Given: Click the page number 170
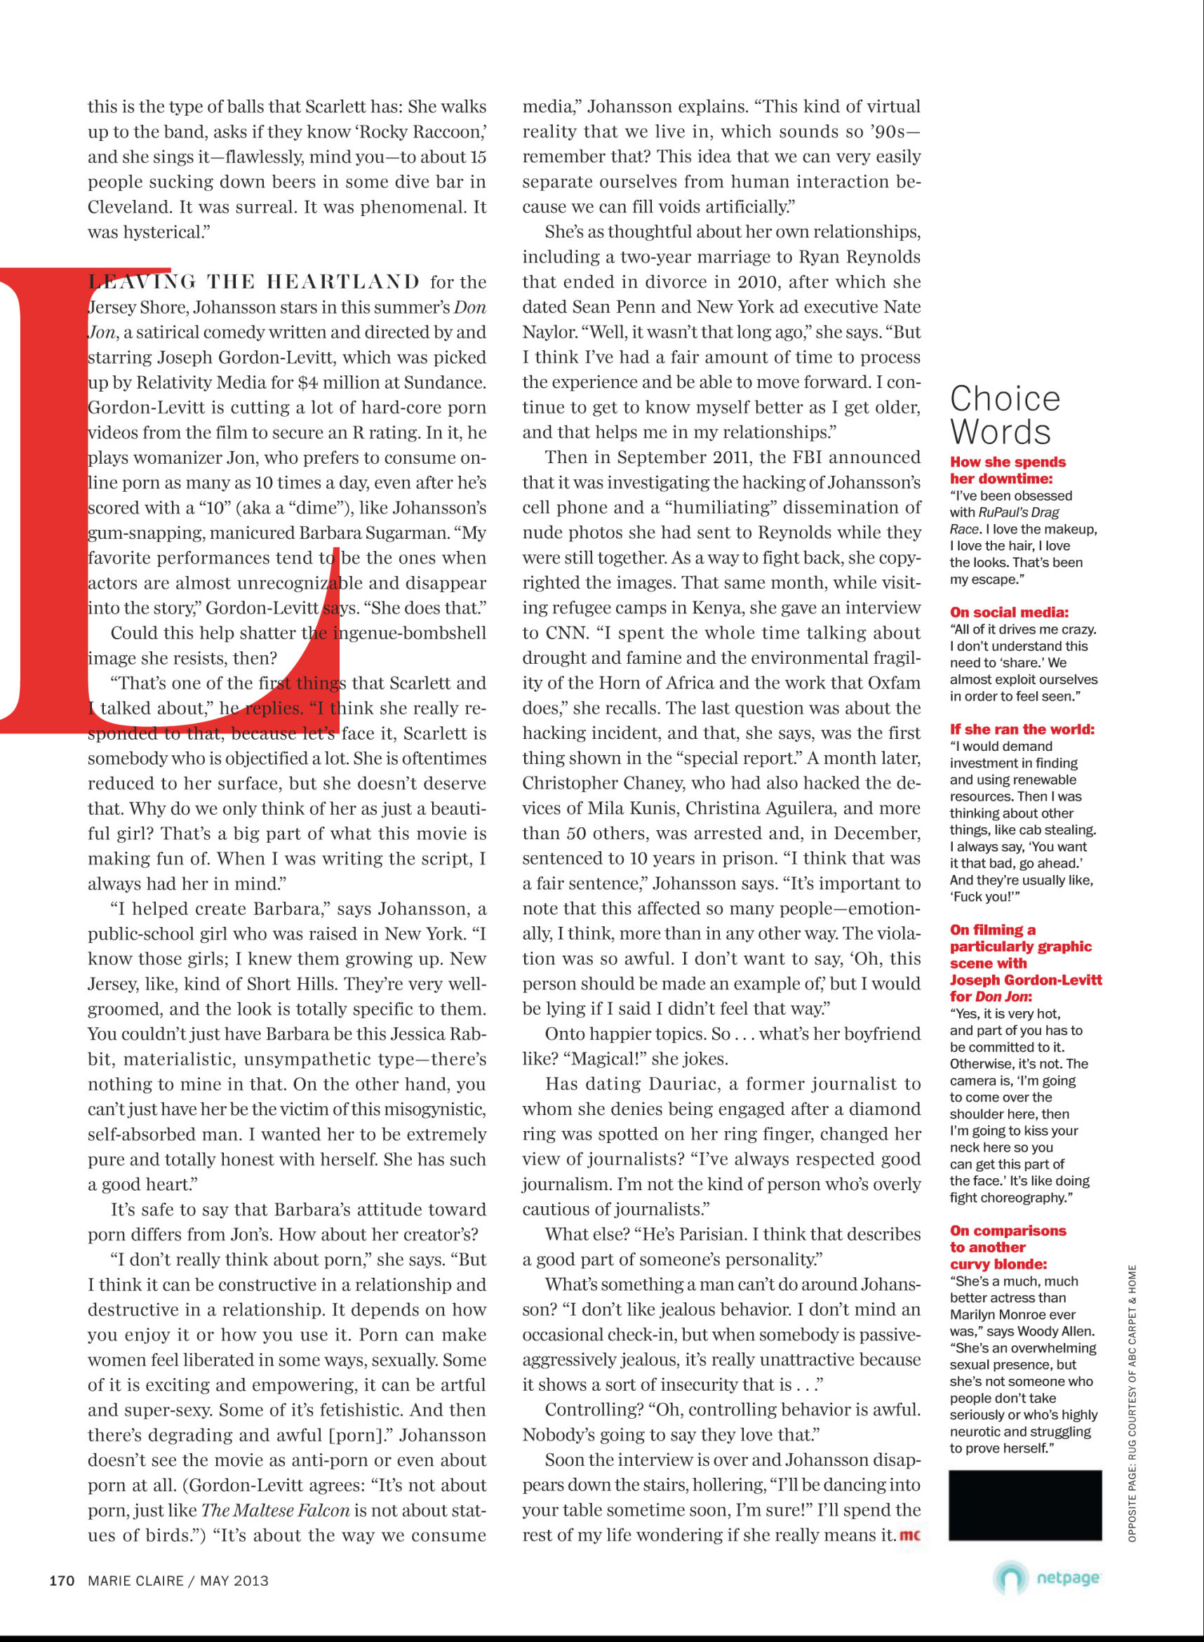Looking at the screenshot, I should pos(62,1580).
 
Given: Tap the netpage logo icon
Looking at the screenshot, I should pos(1010,1579).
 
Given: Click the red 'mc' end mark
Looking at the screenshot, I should pos(909,1535).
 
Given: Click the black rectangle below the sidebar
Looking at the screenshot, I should pos(1024,1505).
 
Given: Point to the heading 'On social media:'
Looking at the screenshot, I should pos(1009,612).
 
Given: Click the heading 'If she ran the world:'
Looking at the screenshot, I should pos(1022,729).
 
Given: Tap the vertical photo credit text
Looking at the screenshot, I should pos(1132,1403).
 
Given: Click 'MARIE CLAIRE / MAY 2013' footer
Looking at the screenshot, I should pos(178,1580).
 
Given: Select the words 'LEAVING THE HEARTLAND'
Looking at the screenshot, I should pos(253,282).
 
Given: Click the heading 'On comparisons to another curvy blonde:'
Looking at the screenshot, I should pos(1007,1247).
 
